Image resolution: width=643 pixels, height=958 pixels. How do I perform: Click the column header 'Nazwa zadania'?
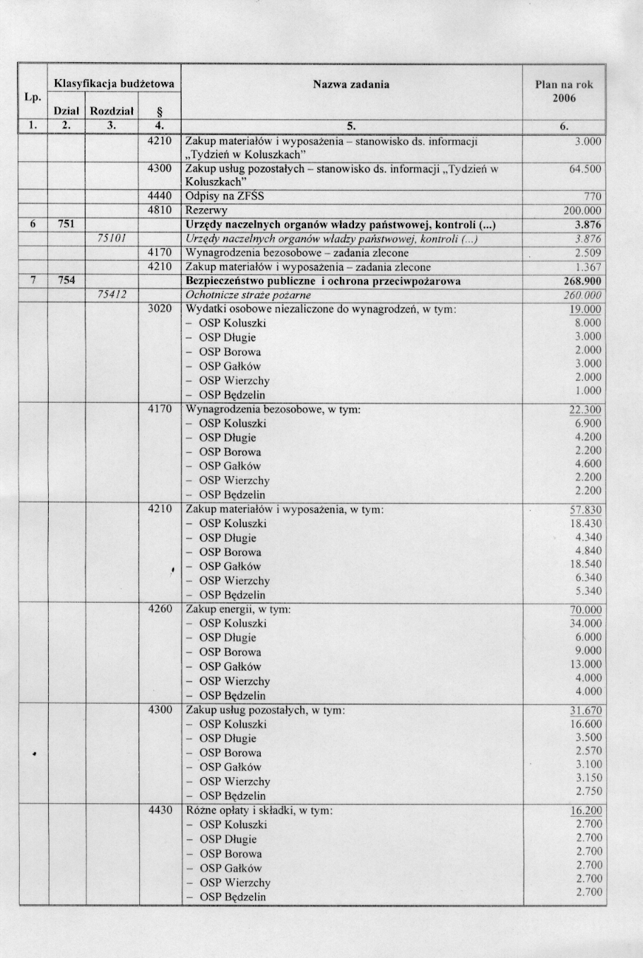[350, 84]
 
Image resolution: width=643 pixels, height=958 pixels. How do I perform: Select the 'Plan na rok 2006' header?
[564, 91]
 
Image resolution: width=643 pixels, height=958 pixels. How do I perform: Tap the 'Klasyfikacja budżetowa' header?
[114, 84]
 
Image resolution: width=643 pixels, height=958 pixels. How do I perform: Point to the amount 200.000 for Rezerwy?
[582, 211]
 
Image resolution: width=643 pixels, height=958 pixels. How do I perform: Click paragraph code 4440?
[160, 196]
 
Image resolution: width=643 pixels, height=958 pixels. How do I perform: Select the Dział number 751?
[66, 224]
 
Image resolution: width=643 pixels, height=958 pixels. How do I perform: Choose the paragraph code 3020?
[160, 309]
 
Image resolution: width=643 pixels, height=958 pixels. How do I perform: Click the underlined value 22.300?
[585, 410]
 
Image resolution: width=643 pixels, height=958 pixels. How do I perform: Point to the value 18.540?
[586, 564]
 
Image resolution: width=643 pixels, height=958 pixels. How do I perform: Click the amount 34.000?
[586, 623]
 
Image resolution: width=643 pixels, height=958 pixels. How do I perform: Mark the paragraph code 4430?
[160, 810]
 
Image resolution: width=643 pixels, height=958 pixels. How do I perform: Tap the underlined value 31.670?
[585, 711]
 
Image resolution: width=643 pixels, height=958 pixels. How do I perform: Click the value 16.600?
[586, 724]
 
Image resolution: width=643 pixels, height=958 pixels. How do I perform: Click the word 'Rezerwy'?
[206, 211]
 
